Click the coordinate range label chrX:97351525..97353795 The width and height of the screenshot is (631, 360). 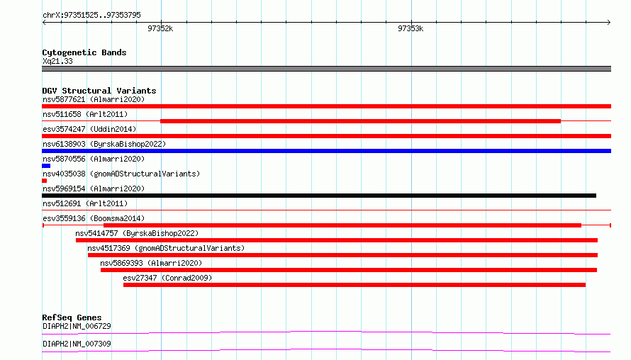pos(91,16)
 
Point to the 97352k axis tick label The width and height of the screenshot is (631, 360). pos(160,28)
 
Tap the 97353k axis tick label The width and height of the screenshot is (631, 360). pos(411,28)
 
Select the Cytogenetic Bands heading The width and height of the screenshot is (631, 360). pos(84,52)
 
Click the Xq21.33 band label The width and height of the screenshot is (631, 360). pos(57,61)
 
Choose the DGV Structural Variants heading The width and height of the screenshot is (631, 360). pos(99,91)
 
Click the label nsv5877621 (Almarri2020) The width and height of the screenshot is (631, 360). pos(94,99)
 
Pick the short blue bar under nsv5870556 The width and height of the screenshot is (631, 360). pos(46,166)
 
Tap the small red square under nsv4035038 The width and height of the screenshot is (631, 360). pos(44,181)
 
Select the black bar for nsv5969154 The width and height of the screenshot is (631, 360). pos(319,196)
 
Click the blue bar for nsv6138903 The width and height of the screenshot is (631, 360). pos(326,151)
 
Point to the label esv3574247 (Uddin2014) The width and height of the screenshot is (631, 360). pos(89,129)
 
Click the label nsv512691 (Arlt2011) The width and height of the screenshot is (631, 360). pos(85,203)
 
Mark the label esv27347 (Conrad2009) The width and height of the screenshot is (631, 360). pos(167,278)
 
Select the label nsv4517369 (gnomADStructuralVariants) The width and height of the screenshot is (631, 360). pos(166,248)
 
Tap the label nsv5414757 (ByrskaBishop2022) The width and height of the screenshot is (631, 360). pos(137,233)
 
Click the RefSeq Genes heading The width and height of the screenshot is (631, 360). pos(72,317)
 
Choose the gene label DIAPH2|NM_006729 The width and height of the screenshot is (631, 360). pos(77,326)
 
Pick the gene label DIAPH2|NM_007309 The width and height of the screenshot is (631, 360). pos(77,344)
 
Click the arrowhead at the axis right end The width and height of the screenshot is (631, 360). pos(609,23)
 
